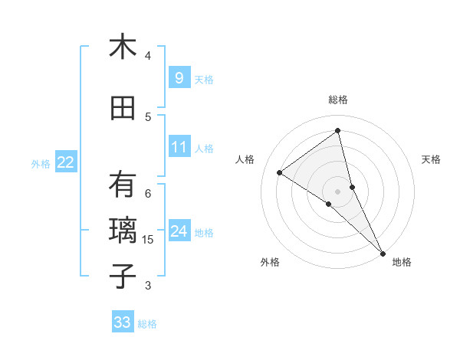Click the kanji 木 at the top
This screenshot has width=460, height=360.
tap(123, 47)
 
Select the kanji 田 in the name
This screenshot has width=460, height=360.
tap(123, 110)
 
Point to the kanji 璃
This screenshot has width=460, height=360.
tap(123, 231)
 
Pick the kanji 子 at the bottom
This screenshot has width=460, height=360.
tap(123, 277)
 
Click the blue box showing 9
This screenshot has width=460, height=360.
tap(179, 77)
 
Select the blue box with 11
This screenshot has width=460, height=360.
tap(179, 146)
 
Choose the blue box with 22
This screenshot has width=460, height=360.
tap(66, 162)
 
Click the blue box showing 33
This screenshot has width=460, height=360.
tap(123, 322)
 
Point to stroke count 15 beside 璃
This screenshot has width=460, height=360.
tap(148, 240)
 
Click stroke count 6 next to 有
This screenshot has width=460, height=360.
tap(148, 193)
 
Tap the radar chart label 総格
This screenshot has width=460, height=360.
tap(338, 100)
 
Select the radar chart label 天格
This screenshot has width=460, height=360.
tap(432, 159)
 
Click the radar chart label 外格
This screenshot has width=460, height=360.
tap(270, 262)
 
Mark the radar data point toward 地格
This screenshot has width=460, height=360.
tap(383, 252)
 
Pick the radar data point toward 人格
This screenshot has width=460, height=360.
tap(280, 172)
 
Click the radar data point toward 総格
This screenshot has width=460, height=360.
tap(338, 130)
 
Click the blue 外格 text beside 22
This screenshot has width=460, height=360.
tap(40, 163)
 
